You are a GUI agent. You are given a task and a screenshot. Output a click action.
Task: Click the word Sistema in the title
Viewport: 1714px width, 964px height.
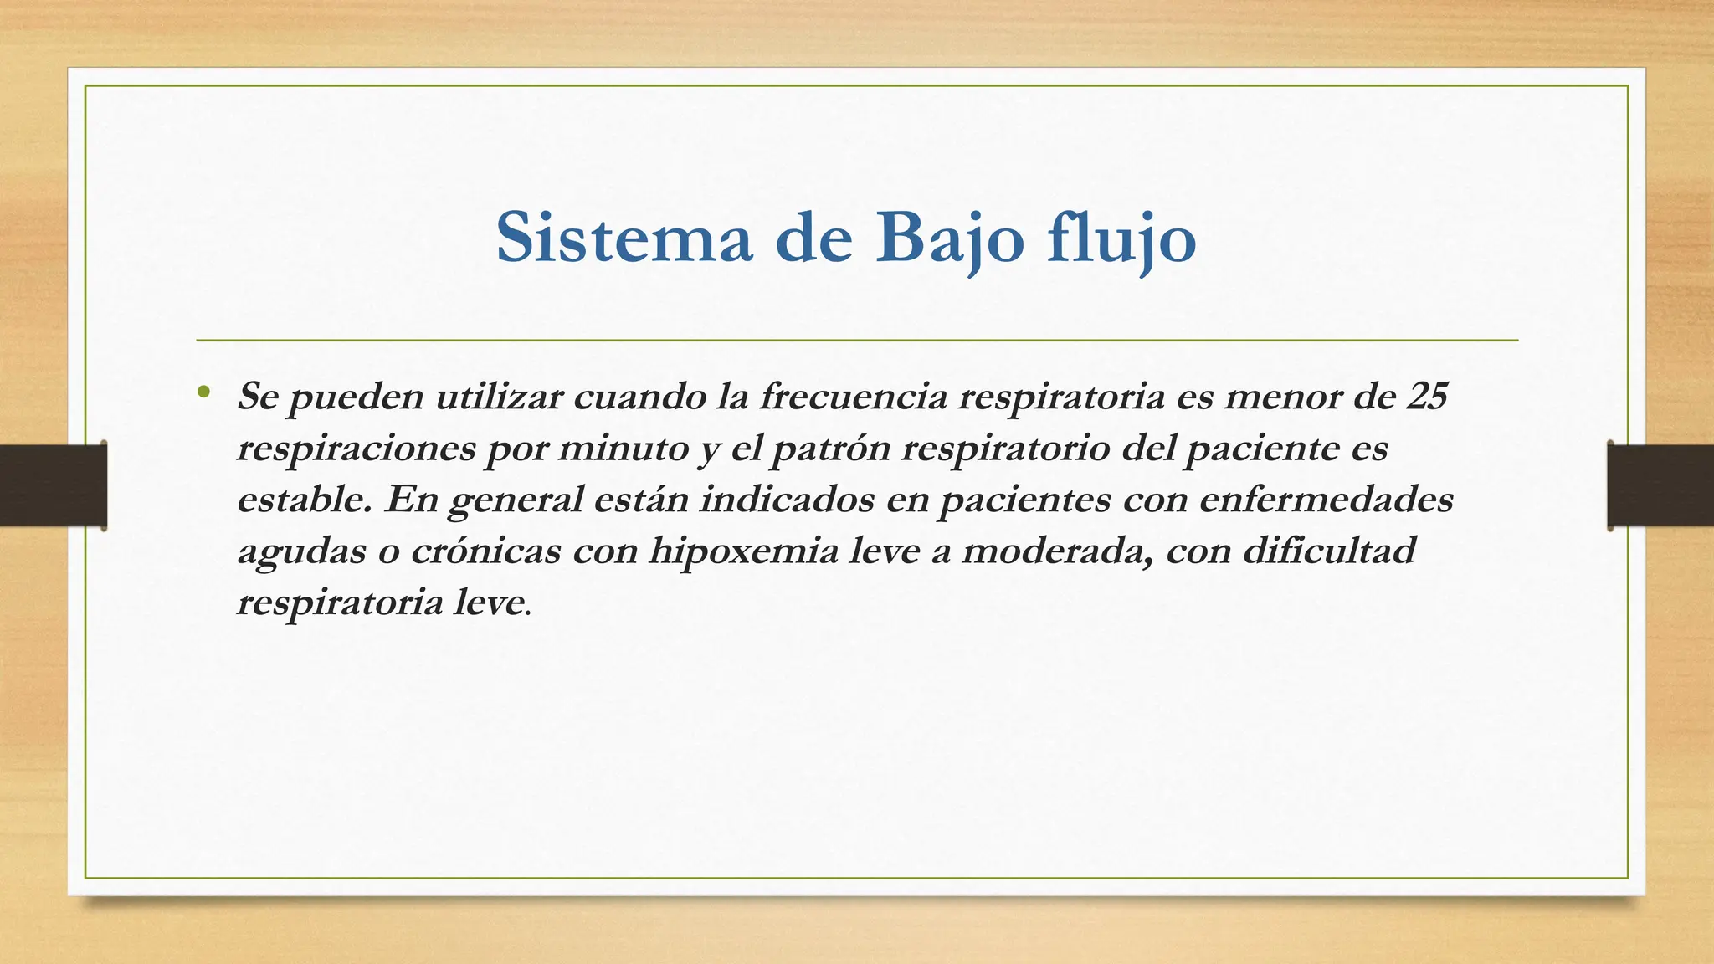[624, 238]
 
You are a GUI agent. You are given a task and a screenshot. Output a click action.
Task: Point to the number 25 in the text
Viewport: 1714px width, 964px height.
[1426, 396]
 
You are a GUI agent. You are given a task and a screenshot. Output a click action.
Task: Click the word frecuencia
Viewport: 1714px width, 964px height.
[853, 396]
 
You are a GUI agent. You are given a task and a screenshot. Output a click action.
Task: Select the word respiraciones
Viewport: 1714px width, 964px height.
[356, 449]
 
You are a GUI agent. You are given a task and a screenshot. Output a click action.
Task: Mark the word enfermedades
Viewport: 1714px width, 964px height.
[1326, 500]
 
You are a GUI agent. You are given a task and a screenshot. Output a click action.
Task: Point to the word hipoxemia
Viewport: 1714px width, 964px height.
[743, 551]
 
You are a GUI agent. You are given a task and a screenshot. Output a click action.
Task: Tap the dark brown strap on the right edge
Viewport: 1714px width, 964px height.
[1660, 485]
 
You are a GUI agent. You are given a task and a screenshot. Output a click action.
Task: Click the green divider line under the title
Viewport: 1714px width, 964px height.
[857, 341]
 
